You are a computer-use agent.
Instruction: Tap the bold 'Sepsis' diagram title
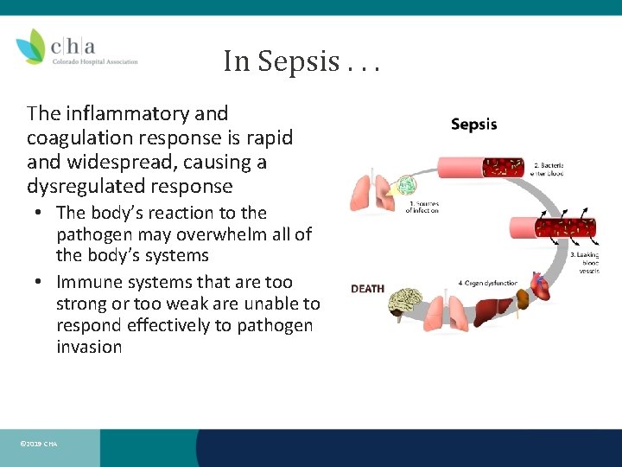click(474, 125)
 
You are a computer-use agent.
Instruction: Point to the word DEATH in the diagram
click(367, 288)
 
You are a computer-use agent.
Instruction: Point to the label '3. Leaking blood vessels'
click(584, 263)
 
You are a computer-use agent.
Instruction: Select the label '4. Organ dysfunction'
click(487, 283)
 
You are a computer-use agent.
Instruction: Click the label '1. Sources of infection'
click(422, 208)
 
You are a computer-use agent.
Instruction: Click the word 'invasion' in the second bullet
click(88, 347)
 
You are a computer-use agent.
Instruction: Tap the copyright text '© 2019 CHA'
click(38, 444)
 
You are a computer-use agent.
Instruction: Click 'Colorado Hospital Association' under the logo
click(94, 61)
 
